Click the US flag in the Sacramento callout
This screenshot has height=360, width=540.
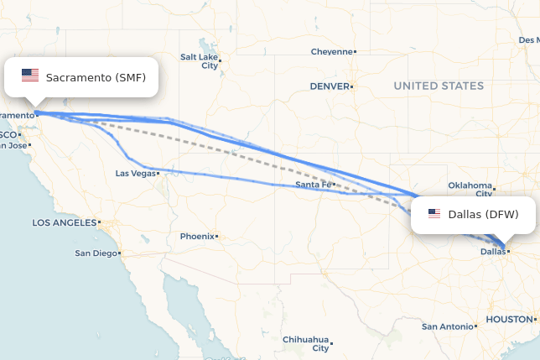pos(30,76)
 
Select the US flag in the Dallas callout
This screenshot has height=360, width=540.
pos(434,214)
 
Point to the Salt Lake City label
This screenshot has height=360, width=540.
pos(199,61)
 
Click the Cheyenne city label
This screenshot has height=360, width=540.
pos(332,51)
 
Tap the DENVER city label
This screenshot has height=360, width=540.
pos(329,86)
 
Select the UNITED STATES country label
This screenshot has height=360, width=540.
pos(439,86)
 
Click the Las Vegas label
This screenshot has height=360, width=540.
pos(136,174)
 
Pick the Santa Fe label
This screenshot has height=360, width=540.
pos(313,185)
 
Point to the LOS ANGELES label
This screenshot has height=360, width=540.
pos(64,223)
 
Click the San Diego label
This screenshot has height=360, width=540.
pos(96,253)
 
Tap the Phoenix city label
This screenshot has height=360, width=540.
pos(197,237)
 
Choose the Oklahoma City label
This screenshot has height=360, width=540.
pos(470,189)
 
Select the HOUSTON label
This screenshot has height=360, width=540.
pos(508,320)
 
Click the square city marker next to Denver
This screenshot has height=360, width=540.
pos(352,86)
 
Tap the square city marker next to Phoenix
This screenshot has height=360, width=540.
pos(217,237)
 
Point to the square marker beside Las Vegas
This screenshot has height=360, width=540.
pos(160,174)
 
